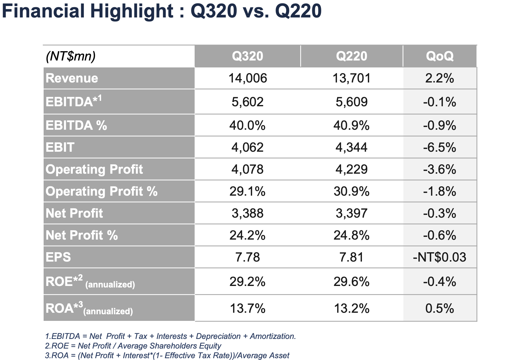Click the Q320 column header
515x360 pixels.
247,56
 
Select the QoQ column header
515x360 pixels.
439,56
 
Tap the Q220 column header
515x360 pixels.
351,56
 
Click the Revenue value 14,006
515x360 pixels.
248,78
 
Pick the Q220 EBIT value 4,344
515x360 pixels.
351,147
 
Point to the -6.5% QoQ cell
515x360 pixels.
439,147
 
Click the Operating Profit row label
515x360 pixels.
94,169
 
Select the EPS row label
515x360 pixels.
58,257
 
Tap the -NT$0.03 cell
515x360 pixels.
439,257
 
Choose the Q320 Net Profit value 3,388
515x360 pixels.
248,213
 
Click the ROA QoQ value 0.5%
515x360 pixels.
439,309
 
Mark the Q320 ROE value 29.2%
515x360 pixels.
247,282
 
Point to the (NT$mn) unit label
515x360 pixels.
71,56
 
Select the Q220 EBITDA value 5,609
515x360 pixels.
351,102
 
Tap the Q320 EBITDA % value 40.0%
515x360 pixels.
247,125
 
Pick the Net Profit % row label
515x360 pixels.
82,235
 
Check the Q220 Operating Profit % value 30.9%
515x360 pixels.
351,191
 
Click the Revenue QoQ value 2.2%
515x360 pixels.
439,78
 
